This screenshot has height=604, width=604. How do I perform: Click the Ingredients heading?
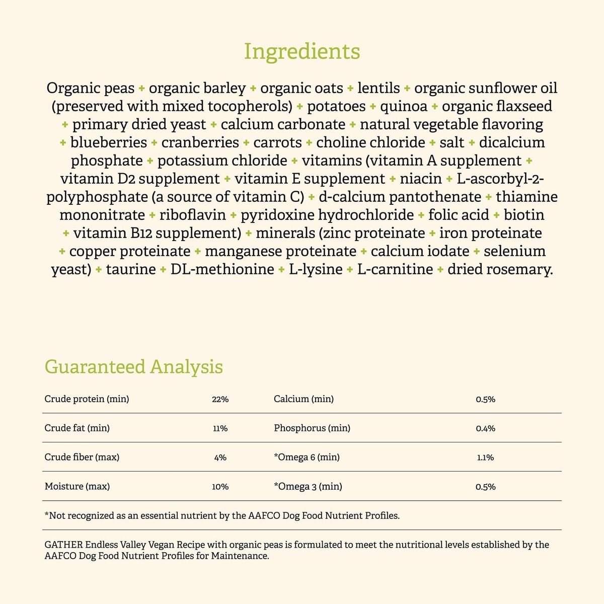coord(302,51)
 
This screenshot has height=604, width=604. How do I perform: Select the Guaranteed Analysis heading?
coord(134,366)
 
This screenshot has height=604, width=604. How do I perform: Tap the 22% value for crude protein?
coord(220,399)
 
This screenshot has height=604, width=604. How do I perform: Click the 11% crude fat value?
coord(220,428)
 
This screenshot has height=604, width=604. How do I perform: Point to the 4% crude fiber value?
coord(220,458)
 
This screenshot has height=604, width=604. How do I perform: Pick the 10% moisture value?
coord(220,487)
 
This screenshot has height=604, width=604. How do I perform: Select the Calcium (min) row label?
coord(304,399)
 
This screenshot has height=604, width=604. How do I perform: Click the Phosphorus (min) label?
coord(312,428)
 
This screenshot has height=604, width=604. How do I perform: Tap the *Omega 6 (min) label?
coord(307,458)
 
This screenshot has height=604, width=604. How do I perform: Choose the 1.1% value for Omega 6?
coord(485,458)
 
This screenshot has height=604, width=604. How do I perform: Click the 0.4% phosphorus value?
coord(485,428)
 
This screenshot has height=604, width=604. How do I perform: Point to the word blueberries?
coord(109,142)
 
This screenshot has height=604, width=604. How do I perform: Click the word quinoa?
coord(404,106)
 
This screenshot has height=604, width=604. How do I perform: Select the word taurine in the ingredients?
coord(131,269)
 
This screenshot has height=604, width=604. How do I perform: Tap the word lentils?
coord(379,88)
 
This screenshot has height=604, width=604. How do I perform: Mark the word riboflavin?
coord(193,215)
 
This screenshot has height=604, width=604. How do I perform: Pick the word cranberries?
coord(200,142)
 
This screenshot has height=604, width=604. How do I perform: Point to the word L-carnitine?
coord(395,269)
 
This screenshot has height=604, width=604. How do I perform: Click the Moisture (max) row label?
coord(77,487)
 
